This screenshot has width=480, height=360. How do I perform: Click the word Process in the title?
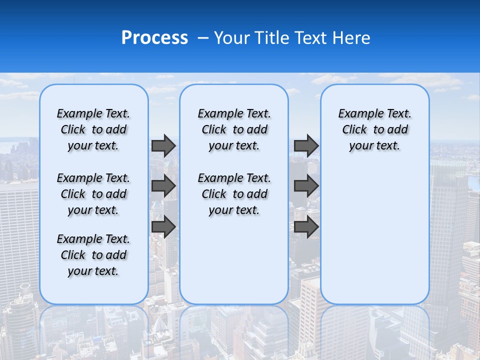154,38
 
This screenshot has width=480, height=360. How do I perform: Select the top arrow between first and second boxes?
163,145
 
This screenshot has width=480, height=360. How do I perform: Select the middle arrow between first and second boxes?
163,186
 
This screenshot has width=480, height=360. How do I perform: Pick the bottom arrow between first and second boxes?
163,226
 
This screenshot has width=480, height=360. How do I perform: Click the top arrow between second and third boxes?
306,145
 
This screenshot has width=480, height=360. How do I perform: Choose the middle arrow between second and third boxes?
306,186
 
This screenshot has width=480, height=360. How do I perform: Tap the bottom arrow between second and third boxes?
306,226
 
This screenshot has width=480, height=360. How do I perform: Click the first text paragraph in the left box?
93,129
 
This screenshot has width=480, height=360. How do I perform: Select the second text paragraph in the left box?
93,194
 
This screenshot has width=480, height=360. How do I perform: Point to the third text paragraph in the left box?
93,255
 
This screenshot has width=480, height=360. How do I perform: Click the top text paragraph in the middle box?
234,129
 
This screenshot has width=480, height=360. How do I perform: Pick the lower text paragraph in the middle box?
234,194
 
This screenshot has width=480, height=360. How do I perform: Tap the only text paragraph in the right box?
375,129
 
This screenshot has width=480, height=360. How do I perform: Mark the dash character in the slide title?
203,38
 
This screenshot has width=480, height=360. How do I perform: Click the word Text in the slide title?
310,38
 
